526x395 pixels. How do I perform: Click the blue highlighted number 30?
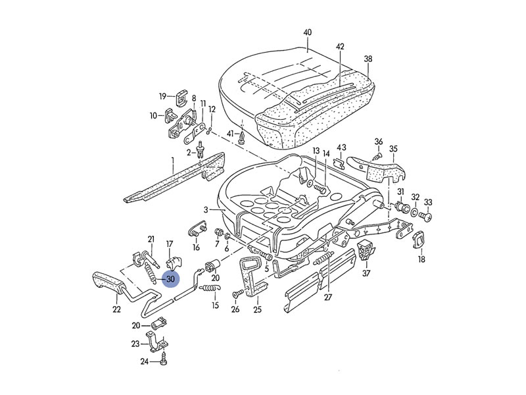(x=171, y=278)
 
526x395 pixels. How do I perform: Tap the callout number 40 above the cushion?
(x=307, y=32)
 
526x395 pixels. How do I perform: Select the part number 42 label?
(x=340, y=47)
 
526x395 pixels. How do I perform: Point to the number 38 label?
(x=368, y=59)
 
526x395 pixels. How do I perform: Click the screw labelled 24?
(x=164, y=359)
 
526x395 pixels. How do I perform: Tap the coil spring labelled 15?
(x=210, y=288)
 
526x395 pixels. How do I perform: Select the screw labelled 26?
(x=236, y=294)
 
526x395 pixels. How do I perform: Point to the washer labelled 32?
(x=415, y=212)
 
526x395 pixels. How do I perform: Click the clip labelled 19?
(x=182, y=97)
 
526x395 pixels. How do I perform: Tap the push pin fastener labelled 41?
(x=242, y=137)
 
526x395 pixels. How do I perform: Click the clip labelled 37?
(x=366, y=250)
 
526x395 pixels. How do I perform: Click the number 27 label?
(x=328, y=298)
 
